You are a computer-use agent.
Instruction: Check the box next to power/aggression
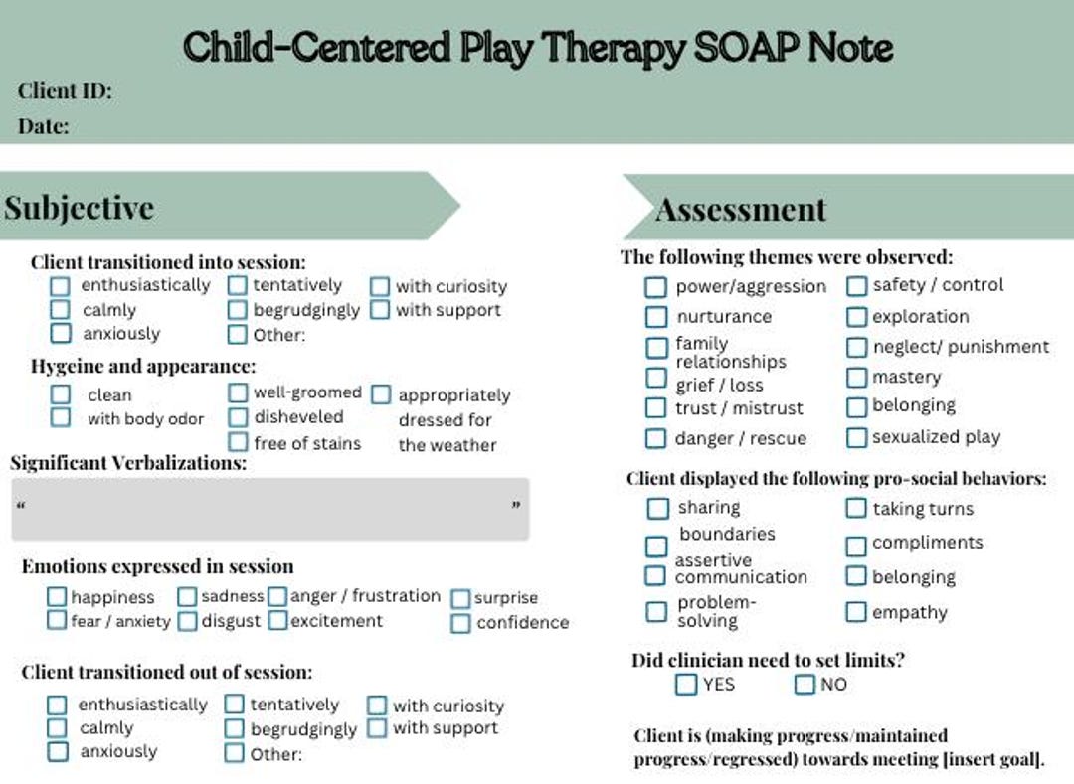(655, 287)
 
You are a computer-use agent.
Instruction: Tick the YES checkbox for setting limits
(686, 684)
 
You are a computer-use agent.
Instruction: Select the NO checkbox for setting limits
(805, 684)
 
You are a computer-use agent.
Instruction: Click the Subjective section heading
(80, 208)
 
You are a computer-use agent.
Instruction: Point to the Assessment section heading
(741, 209)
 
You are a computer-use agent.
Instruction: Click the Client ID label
(65, 92)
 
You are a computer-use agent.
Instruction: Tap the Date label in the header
(44, 126)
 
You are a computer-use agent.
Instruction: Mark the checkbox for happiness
(58, 597)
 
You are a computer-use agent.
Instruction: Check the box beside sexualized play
(857, 437)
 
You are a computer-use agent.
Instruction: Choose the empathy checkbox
(856, 612)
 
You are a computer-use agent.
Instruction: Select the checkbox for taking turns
(856, 509)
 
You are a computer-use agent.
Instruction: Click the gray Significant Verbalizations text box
(269, 509)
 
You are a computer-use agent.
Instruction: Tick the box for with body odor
(61, 418)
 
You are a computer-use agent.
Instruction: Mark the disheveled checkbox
(238, 417)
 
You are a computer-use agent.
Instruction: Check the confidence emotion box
(460, 623)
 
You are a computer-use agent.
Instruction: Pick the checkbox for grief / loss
(655, 378)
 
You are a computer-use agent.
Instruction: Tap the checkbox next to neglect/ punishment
(857, 347)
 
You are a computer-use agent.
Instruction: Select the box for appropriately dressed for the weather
(381, 395)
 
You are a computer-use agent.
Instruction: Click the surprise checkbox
(460, 598)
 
